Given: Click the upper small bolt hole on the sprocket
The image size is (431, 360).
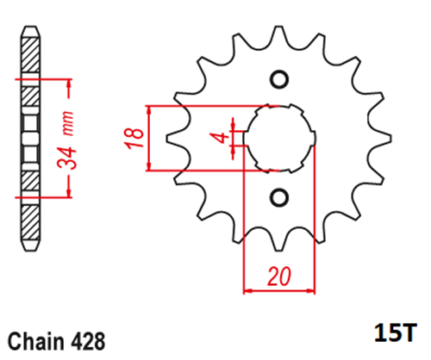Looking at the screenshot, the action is click(x=279, y=79).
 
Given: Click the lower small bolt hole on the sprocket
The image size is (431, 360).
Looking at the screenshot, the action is click(x=279, y=197).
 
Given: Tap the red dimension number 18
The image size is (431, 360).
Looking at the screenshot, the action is click(x=134, y=138).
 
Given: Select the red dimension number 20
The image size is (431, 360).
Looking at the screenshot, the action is click(x=279, y=276).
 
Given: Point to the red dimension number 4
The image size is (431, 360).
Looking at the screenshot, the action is click(x=222, y=138).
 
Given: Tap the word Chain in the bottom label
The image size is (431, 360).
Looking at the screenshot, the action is click(x=36, y=342).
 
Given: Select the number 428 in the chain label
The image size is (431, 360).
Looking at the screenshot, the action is click(x=88, y=342).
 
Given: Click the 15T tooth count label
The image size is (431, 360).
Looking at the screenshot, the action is click(x=396, y=332).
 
